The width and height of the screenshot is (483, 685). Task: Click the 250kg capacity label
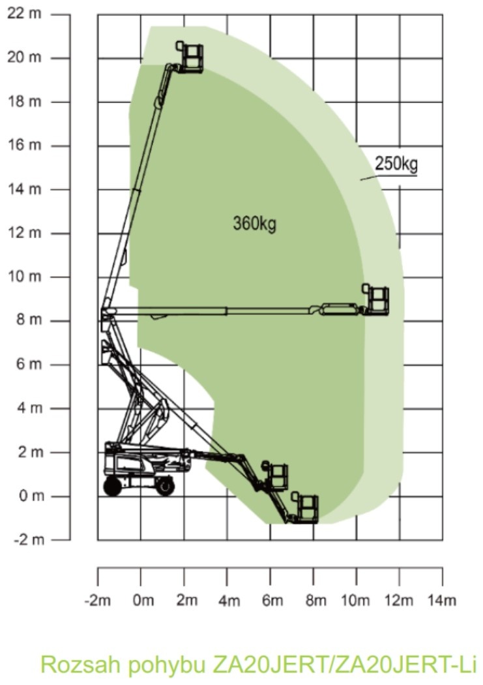396,164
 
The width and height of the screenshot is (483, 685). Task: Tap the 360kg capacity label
254,224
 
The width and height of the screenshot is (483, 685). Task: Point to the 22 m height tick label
24,14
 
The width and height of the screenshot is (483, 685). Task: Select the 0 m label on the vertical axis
31,496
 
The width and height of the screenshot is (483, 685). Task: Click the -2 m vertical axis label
29,540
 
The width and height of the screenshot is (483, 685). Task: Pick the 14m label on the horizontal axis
441,600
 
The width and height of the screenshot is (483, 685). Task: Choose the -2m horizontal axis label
97,600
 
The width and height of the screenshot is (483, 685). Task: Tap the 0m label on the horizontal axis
143,600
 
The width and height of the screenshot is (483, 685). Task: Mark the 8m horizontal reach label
315,600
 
